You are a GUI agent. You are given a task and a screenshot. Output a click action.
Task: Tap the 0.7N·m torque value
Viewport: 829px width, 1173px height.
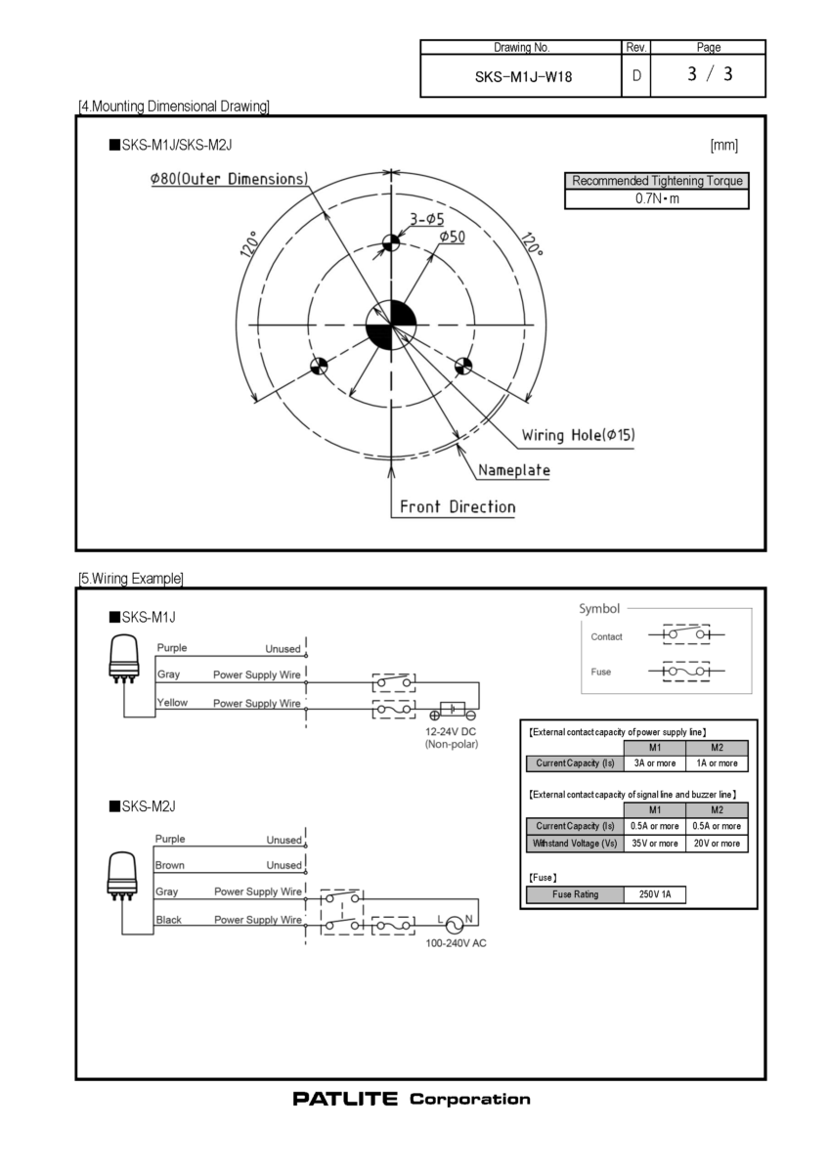pyautogui.click(x=656, y=199)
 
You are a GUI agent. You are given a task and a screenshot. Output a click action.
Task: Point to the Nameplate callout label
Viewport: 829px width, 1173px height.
pyautogui.click(x=514, y=470)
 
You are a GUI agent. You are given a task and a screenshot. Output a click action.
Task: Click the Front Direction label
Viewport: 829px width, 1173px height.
pyautogui.click(x=458, y=506)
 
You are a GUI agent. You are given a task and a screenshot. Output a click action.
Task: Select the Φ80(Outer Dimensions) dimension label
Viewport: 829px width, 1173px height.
pyautogui.click(x=229, y=180)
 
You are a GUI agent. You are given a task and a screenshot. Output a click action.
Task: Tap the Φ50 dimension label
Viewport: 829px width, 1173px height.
pyautogui.click(x=452, y=237)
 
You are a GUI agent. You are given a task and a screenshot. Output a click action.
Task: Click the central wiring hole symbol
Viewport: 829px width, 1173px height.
pyautogui.click(x=391, y=324)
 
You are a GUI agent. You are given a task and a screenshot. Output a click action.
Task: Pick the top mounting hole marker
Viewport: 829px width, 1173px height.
pyautogui.click(x=391, y=241)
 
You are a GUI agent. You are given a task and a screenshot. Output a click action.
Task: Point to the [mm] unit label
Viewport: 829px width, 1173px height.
pyautogui.click(x=724, y=146)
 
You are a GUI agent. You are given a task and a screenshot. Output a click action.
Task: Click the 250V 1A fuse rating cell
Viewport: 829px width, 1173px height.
pyautogui.click(x=655, y=894)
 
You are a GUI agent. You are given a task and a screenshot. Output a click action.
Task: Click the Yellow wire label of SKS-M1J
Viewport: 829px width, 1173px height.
pyautogui.click(x=172, y=702)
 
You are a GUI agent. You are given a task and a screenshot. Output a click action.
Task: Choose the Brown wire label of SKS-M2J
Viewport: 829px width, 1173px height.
pyautogui.click(x=170, y=865)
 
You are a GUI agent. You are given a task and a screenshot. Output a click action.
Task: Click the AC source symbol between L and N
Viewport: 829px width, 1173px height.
pyautogui.click(x=453, y=924)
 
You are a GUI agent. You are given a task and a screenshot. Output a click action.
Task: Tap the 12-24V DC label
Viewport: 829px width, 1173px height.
pyautogui.click(x=451, y=732)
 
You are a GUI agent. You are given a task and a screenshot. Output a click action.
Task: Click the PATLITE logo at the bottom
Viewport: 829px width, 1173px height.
pyautogui.click(x=345, y=1100)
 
